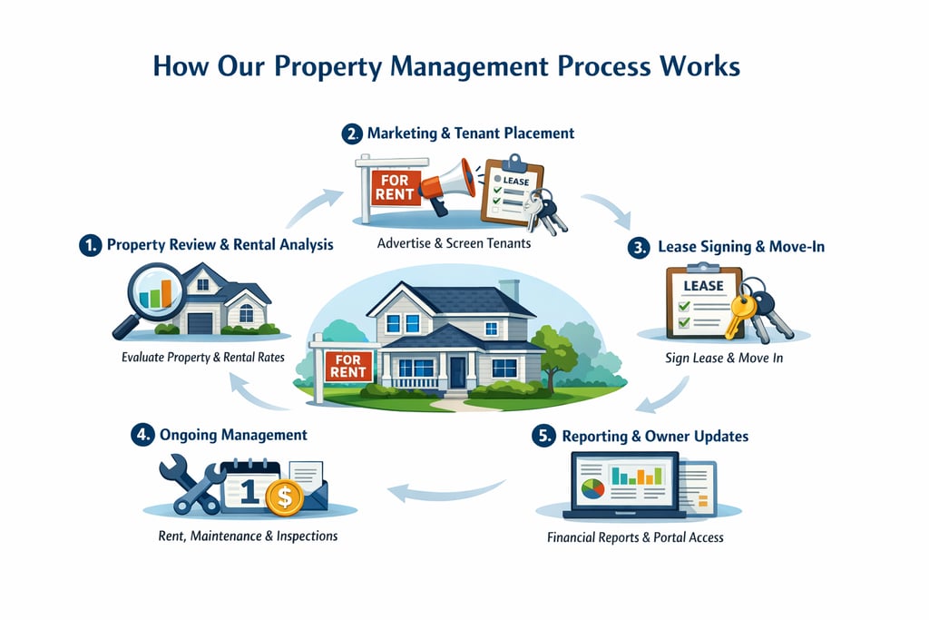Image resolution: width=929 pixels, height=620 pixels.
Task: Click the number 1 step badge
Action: (x=90, y=245)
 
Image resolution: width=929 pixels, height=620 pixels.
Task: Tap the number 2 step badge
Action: (x=352, y=133)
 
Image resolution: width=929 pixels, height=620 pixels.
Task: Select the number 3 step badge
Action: (x=641, y=247)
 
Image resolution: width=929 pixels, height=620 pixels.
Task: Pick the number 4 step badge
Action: (x=142, y=436)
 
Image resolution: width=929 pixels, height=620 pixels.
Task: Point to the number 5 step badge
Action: (x=543, y=437)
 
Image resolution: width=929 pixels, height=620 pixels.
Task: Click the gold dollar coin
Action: (x=284, y=497)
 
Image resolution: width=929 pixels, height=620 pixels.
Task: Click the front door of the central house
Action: (x=457, y=370)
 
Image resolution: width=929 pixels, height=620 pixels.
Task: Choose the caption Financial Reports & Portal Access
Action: (x=635, y=537)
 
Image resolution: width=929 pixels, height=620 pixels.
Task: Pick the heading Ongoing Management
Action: (x=233, y=436)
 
